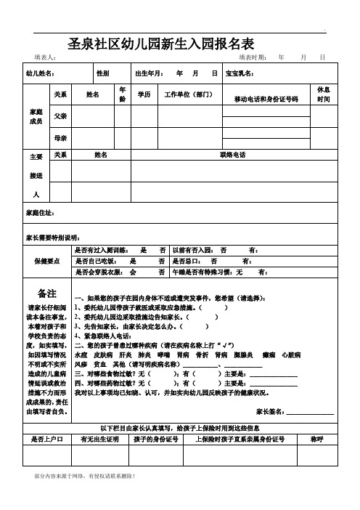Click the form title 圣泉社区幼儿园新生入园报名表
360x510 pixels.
(x=160, y=43)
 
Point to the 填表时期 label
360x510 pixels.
(x=253, y=57)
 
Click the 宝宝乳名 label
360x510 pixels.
(x=240, y=73)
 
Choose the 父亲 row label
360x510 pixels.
(x=60, y=116)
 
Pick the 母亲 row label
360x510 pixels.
(x=60, y=137)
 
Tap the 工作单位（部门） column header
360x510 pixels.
(x=188, y=94)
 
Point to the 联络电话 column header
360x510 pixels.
(x=232, y=155)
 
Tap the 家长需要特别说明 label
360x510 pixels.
(x=57, y=237)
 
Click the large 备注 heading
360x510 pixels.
(x=47, y=293)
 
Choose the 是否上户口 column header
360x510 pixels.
(x=47, y=419)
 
